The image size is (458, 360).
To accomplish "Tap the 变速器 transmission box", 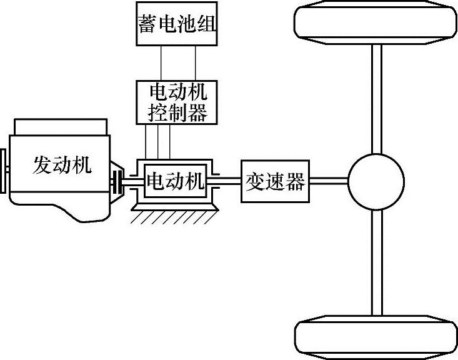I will click(276, 182).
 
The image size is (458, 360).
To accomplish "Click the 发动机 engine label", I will click(62, 165).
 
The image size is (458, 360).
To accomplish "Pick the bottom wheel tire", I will click(375, 340).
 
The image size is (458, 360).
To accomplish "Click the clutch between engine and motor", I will click(117, 182).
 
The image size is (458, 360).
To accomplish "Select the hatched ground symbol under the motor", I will click(175, 216).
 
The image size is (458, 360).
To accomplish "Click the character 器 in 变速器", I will click(294, 182).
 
